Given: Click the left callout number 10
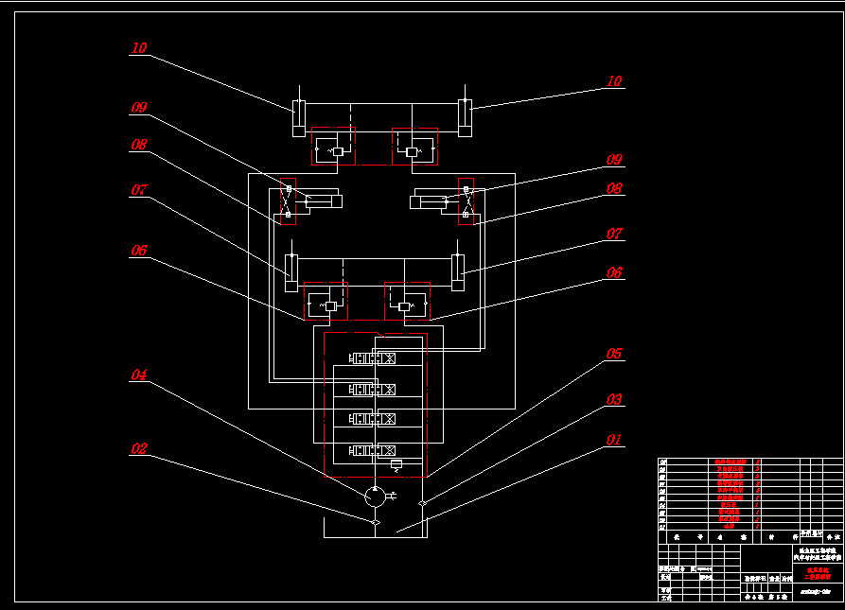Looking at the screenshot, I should pyautogui.click(x=139, y=48).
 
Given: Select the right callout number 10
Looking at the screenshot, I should pyautogui.click(x=614, y=82).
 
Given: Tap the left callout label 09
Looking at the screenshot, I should pyautogui.click(x=139, y=108).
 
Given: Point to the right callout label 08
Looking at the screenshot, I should pyautogui.click(x=614, y=189).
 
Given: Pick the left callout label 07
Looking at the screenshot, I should pyautogui.click(x=139, y=190).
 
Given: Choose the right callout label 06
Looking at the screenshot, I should pyautogui.click(x=614, y=272).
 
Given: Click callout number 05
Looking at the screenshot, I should pyautogui.click(x=614, y=354).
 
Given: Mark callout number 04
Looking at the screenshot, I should pyautogui.click(x=139, y=375).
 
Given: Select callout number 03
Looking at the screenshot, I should pyautogui.click(x=614, y=400).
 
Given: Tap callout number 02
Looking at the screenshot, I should pyautogui.click(x=139, y=449).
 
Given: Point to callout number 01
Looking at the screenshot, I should pyautogui.click(x=614, y=440).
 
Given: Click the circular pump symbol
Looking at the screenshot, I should pyautogui.click(x=375, y=495).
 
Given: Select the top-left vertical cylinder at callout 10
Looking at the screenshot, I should pyautogui.click(x=298, y=117).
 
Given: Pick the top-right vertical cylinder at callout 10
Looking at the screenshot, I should pyautogui.click(x=466, y=117).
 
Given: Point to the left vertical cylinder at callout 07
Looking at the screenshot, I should pyautogui.click(x=291, y=272).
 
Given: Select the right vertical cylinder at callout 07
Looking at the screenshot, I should pyautogui.click(x=458, y=272).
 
